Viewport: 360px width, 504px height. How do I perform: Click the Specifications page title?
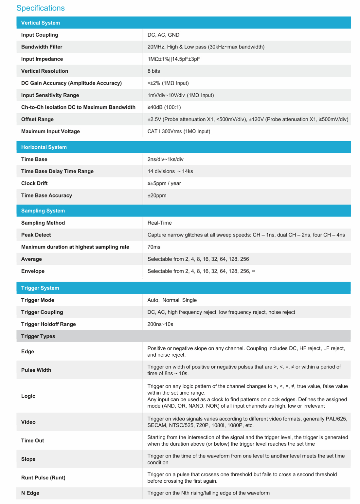click(41, 8)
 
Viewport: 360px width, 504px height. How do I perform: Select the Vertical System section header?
click(41, 23)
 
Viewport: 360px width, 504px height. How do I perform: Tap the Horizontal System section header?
click(44, 147)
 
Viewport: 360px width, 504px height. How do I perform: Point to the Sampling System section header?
click(43, 211)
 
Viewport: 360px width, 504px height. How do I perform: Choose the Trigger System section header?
click(40, 288)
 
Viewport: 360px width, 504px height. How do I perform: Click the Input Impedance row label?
click(42, 59)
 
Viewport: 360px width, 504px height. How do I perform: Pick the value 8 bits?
click(153, 71)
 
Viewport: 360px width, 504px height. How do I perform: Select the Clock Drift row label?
click(34, 183)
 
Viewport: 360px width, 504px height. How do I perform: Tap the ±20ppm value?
click(157, 196)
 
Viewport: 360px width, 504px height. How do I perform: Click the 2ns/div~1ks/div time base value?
click(165, 159)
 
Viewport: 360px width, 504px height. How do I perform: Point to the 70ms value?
click(154, 247)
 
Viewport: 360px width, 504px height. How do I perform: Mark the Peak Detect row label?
click(36, 235)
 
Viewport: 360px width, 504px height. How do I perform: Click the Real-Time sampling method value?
click(159, 223)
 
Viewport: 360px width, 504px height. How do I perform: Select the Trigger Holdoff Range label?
click(48, 324)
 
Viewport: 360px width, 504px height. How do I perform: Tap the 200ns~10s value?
click(160, 324)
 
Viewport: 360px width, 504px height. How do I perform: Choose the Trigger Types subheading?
click(38, 336)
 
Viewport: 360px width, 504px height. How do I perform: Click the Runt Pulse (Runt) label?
click(43, 478)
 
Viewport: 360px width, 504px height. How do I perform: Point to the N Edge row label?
click(30, 493)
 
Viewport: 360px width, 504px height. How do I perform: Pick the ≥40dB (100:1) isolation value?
click(164, 107)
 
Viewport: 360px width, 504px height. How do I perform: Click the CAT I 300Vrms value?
click(179, 131)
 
